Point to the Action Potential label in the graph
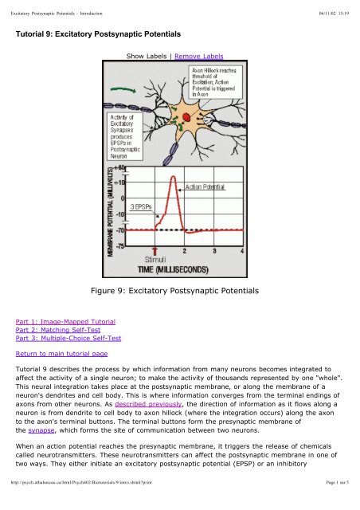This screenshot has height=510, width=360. click(x=207, y=186)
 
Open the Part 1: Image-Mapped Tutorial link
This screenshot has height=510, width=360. click(x=66, y=325)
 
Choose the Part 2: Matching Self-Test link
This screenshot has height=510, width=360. click(x=65, y=335)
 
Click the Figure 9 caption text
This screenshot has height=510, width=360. click(x=179, y=292)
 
